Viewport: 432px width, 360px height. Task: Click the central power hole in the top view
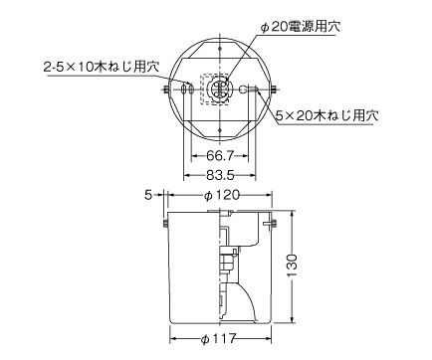pyautogui.click(x=221, y=90)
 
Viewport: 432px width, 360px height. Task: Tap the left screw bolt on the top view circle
pyautogui.click(x=165, y=91)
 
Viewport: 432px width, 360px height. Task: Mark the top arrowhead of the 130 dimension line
pyautogui.click(x=292, y=215)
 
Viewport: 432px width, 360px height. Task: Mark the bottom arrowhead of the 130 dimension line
pyautogui.click(x=292, y=321)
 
